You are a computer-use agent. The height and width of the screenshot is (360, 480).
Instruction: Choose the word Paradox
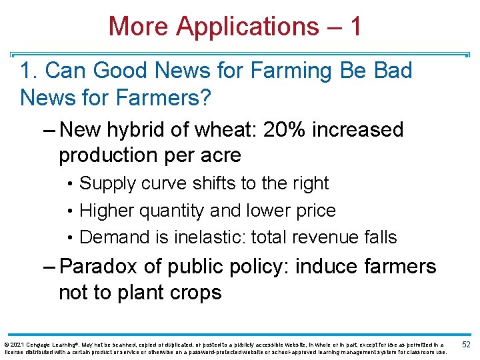101,267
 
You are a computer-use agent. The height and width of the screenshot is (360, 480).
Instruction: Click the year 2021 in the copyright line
16,343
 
